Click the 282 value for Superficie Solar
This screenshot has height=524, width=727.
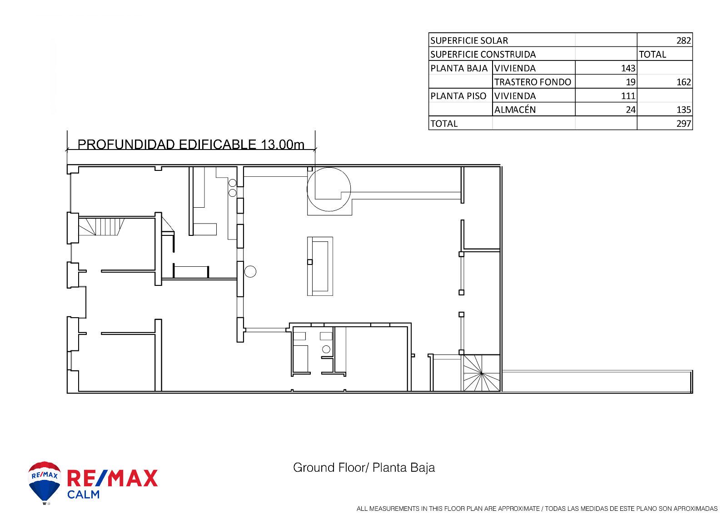click(683, 40)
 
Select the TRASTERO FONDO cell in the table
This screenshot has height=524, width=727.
click(533, 82)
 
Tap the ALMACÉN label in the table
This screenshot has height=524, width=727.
click(515, 110)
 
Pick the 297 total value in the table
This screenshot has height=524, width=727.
click(683, 124)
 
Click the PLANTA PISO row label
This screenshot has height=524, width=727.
click(458, 96)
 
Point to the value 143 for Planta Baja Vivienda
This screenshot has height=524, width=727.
click(628, 68)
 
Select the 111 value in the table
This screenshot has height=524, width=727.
click(628, 96)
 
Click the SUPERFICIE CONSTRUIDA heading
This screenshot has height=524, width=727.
click(483, 54)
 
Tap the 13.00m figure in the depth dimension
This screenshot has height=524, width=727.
click(282, 145)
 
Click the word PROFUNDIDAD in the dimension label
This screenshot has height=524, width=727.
click(126, 145)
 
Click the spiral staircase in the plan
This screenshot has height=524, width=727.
click(481, 373)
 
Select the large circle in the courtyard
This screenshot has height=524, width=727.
click(329, 189)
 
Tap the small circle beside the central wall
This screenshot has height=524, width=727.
click(250, 271)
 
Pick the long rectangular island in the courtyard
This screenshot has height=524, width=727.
click(320, 266)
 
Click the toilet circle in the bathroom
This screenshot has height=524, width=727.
click(326, 349)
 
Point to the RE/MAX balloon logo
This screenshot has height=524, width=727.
click(45, 483)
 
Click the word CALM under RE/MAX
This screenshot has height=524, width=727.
click(84, 494)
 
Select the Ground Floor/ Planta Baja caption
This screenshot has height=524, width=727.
click(364, 468)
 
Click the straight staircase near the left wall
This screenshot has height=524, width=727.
click(102, 227)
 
